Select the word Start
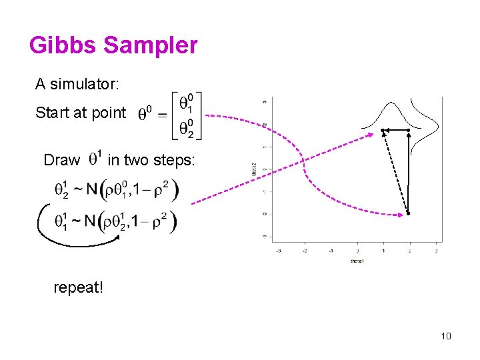point(51,113)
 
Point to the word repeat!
point(78,288)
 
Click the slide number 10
point(446,335)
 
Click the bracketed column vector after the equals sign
point(187,115)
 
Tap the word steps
point(175,160)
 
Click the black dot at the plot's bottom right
point(408,213)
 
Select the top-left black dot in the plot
point(383,130)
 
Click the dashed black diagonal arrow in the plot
point(395,172)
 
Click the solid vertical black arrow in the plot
point(408,172)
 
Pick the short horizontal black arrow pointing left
point(396,130)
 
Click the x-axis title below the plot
point(357,261)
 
